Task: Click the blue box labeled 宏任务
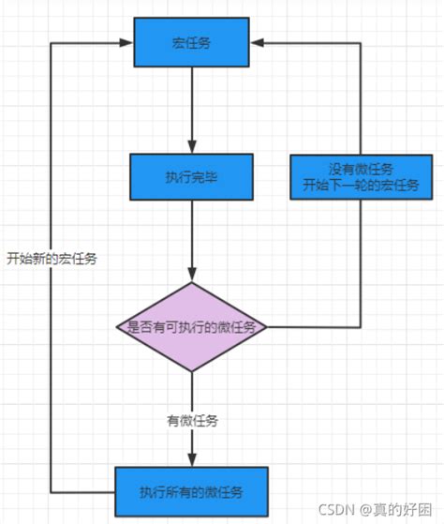191,42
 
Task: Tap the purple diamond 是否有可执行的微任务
191,327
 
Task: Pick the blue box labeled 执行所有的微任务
191,491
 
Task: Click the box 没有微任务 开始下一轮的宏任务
361,175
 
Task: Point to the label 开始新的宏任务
51,259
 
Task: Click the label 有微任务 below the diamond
191,422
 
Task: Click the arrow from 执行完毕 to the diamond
191,239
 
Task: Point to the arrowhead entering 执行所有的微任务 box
191,460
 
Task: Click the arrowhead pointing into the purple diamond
191,276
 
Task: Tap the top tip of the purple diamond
191,283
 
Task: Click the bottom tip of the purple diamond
191,371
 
